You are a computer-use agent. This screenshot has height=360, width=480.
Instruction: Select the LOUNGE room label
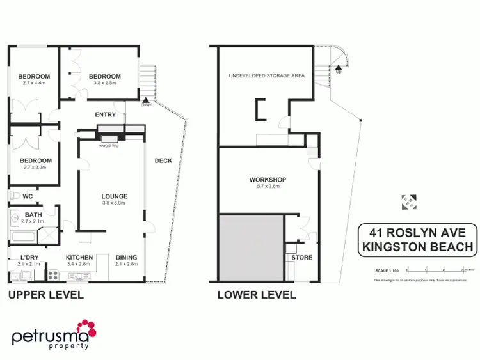pos(115,196)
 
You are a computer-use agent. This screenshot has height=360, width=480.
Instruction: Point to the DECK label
pos(163,160)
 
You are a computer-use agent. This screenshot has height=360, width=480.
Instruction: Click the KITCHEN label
pos(79,258)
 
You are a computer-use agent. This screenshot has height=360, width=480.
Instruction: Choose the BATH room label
pos(33,215)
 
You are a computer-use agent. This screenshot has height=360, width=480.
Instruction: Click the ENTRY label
pos(105,114)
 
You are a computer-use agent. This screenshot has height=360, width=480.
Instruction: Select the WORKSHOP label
pos(268,180)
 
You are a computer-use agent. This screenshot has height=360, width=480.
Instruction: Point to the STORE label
pos(301,258)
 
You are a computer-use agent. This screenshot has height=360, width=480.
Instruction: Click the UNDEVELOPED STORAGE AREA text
pos(267,75)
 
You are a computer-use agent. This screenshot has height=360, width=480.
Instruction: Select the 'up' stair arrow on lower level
pos(338,66)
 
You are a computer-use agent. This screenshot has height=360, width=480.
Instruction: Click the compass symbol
pos(407,201)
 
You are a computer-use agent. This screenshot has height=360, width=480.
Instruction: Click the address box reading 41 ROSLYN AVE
pos(417,239)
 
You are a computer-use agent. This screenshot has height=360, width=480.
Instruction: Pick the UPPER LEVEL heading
pos(45,295)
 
